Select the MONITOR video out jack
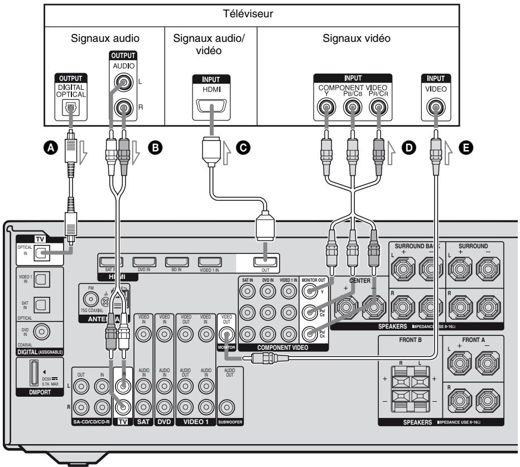pyautogui.click(x=227, y=335)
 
